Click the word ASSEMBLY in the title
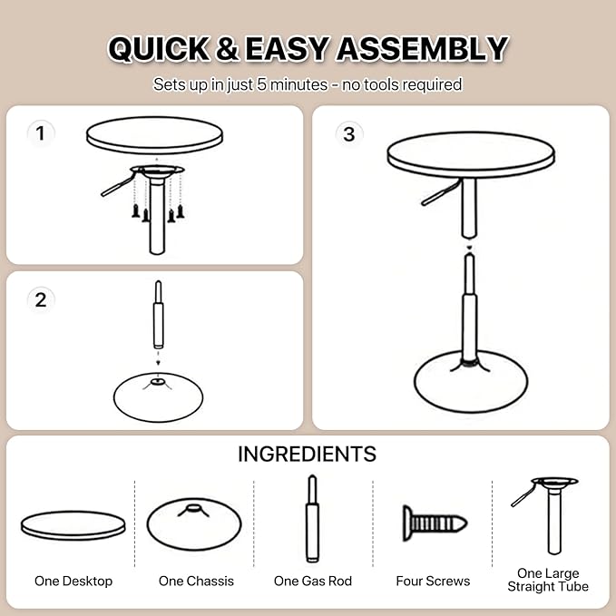click(423, 48)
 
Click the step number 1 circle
click(39, 134)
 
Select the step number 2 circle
click(40, 299)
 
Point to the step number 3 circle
click(349, 134)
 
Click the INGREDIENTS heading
click(307, 454)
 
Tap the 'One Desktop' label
click(73, 581)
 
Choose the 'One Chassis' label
click(196, 581)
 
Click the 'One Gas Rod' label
click(313, 581)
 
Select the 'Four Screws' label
click(433, 581)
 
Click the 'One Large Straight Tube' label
click(553, 580)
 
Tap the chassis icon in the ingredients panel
click(193, 523)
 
